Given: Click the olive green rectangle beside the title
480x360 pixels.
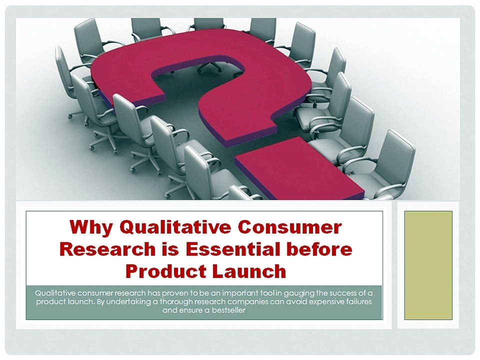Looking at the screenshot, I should pyautogui.click(x=428, y=265).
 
